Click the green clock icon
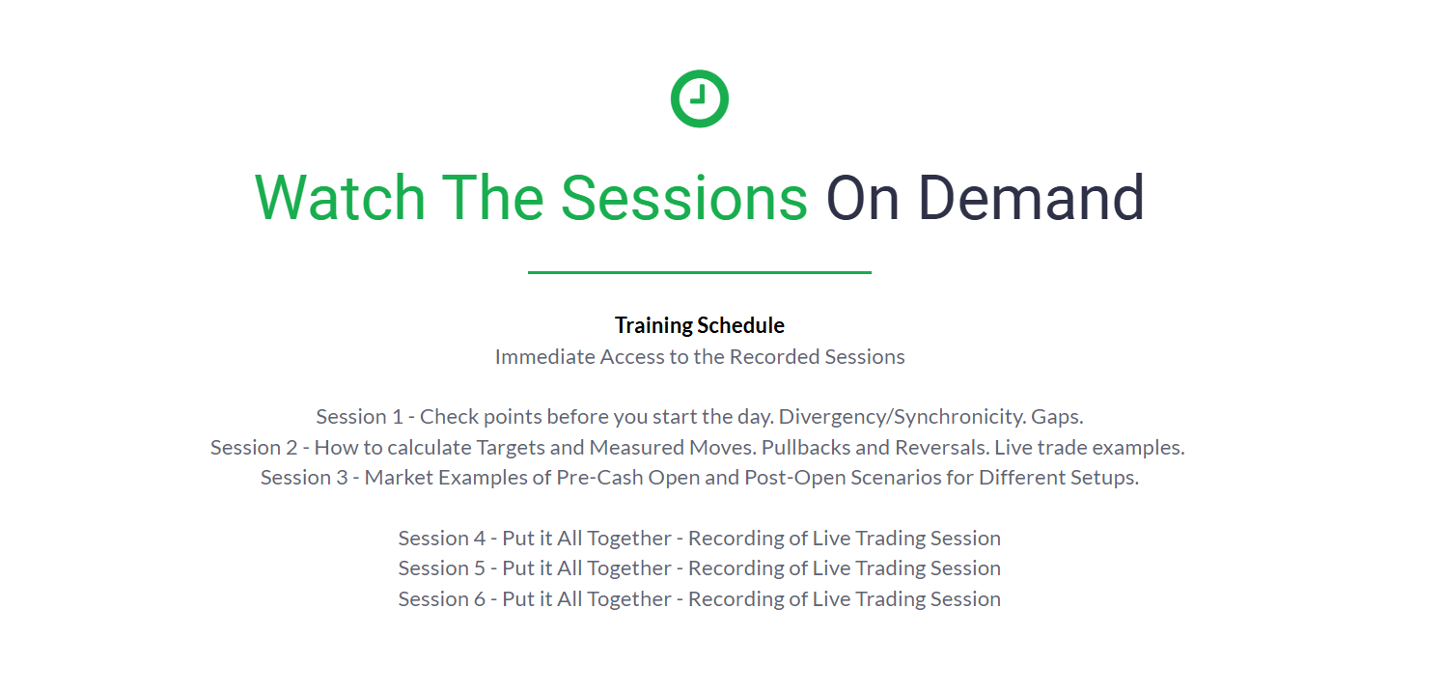pyautogui.click(x=700, y=98)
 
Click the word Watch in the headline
pyautogui.click(x=340, y=198)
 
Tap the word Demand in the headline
pyautogui.click(x=1031, y=198)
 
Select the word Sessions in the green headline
pyautogui.click(x=684, y=198)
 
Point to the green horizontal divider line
pyautogui.click(x=700, y=272)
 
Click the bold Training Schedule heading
pyautogui.click(x=700, y=325)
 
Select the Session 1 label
pyautogui.click(x=360, y=417)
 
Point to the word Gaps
pyautogui.click(x=1057, y=417)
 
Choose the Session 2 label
pyautogui.click(x=254, y=447)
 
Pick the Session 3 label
pyautogui.click(x=304, y=478)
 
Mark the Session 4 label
pyautogui.click(x=441, y=538)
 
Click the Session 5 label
pyautogui.click(x=441, y=568)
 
